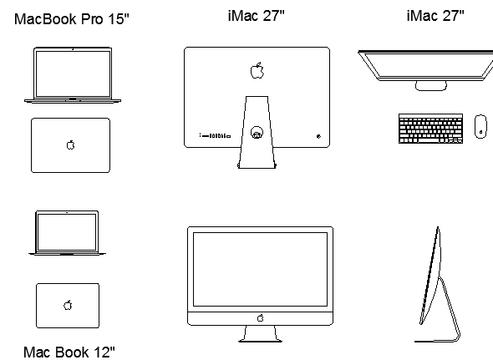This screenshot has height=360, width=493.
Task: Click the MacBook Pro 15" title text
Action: click(72, 19)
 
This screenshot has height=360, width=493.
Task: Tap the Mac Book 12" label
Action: click(69, 352)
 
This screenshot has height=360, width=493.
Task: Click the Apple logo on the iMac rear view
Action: click(257, 70)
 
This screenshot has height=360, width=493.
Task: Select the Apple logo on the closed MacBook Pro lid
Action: click(71, 145)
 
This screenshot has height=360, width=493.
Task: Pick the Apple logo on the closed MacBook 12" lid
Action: click(68, 305)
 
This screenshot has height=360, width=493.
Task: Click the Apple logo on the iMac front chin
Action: click(261, 318)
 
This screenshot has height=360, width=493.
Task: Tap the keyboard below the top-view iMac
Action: click(430, 129)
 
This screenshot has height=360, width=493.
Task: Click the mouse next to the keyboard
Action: click(480, 126)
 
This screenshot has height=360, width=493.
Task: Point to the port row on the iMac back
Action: click(215, 136)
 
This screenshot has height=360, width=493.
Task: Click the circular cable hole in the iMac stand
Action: click(257, 132)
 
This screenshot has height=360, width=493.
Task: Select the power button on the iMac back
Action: click(319, 136)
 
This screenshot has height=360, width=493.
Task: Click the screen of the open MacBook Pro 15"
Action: click(73, 74)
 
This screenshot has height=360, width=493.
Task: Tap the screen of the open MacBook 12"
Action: click(67, 232)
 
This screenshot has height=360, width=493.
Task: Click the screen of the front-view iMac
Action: click(260, 269)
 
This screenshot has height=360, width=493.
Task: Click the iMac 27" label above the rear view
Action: click(257, 16)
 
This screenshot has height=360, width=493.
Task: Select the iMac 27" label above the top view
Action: click(435, 16)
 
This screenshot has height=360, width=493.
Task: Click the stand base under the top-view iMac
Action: click(430, 86)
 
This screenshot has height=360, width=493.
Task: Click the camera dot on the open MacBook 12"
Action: click(67, 212)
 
